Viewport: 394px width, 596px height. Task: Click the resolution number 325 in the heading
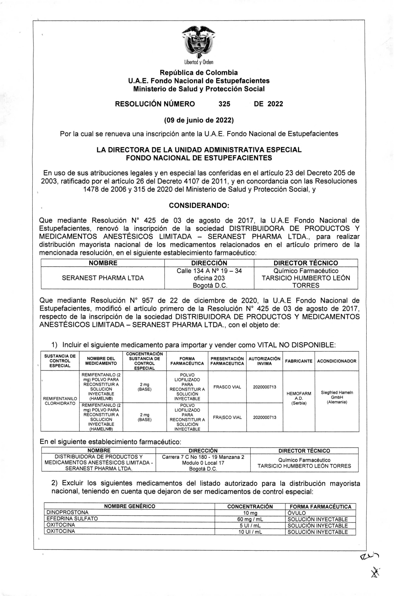point(224,104)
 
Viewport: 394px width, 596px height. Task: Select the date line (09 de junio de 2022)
point(199,120)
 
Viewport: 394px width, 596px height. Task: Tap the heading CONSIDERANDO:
point(199,205)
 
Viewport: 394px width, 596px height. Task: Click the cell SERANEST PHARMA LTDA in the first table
point(103,278)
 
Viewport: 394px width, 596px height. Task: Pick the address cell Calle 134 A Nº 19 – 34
point(209,271)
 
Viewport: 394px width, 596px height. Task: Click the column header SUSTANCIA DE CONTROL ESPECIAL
point(60,361)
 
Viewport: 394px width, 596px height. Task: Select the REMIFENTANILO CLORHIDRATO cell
point(60,401)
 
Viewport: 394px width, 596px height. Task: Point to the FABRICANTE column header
point(299,361)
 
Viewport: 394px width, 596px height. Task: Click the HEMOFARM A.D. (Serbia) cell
point(299,398)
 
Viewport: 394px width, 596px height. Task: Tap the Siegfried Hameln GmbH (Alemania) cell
point(337,397)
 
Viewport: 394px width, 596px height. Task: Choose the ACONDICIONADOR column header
point(337,361)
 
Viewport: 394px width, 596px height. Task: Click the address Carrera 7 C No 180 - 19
point(203,457)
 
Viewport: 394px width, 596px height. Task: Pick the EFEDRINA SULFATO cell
point(72,519)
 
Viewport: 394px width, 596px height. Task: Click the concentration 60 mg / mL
point(250,519)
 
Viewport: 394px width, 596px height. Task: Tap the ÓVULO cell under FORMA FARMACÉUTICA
point(297,513)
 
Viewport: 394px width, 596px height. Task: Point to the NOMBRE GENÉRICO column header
point(129,506)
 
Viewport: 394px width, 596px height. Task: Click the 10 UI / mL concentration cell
point(250,532)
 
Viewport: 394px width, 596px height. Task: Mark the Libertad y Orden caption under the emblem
point(199,62)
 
